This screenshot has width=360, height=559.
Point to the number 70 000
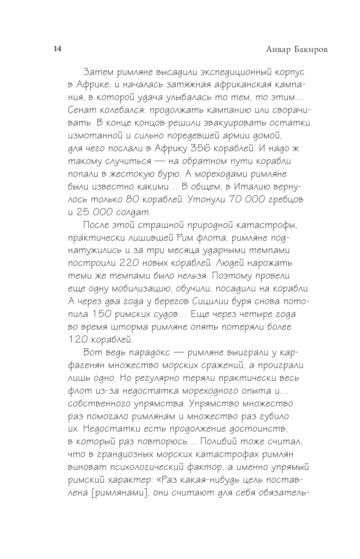pos(248,199)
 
